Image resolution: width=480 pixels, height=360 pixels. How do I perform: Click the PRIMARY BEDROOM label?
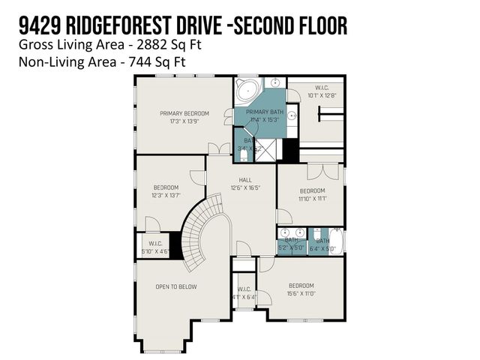(x=184, y=113)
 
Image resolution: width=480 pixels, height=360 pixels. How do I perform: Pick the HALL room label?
(x=245, y=180)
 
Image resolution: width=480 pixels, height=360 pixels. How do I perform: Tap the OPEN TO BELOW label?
(x=176, y=286)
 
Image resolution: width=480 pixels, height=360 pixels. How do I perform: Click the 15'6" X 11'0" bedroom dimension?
(x=300, y=292)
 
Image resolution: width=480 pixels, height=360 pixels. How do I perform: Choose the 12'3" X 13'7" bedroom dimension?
(x=166, y=195)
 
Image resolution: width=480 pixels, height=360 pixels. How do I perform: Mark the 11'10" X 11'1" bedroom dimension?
(x=311, y=198)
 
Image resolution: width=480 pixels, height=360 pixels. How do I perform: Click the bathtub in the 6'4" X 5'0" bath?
(x=334, y=241)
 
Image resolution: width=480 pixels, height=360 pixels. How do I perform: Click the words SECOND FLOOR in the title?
(x=289, y=27)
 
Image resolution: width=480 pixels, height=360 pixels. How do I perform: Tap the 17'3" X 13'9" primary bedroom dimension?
(x=184, y=121)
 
